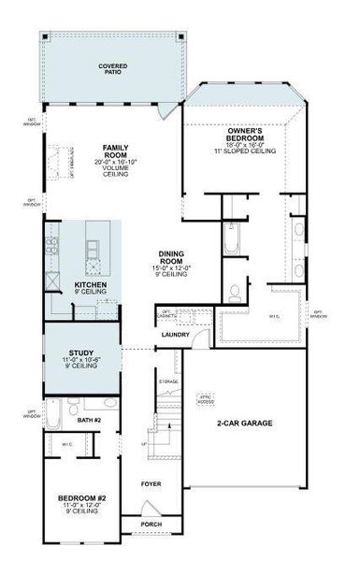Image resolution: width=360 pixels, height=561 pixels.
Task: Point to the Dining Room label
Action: (174, 257)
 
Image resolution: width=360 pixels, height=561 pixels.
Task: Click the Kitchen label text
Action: (90, 283)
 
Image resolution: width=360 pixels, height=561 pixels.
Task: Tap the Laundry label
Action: (176, 335)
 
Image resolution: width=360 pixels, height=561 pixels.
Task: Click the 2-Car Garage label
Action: (244, 424)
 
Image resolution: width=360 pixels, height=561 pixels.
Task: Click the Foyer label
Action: (151, 484)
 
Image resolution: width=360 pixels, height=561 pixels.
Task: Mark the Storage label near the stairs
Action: (168, 381)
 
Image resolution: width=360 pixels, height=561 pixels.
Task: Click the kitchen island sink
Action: (94, 248)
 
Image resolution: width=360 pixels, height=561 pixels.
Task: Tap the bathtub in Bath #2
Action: (54, 411)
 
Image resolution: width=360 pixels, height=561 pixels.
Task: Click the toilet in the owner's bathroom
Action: (235, 292)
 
